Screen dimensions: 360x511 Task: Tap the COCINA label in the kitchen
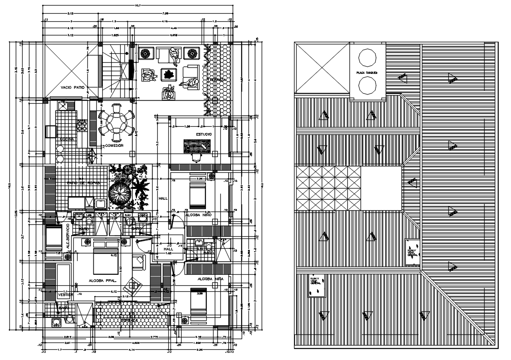point(66,139)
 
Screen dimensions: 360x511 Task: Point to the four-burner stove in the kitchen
point(81,125)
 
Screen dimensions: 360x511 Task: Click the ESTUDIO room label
point(204,134)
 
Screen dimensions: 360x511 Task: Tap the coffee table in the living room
point(169,74)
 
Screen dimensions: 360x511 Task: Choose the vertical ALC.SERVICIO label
point(67,236)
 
